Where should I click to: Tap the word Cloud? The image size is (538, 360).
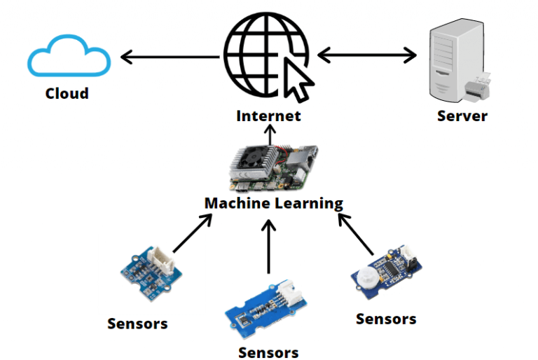(x=67, y=93)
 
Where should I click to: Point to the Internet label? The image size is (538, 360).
(x=268, y=116)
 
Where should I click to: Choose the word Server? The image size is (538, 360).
(x=462, y=116)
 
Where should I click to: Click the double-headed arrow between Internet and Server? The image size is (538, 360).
(x=367, y=54)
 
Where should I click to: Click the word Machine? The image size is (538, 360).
(x=236, y=203)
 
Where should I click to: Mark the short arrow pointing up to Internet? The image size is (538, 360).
(x=269, y=136)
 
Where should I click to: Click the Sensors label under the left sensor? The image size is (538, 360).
(x=137, y=324)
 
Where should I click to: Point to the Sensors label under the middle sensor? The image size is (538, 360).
(x=268, y=352)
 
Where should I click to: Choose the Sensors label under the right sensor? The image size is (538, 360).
(x=386, y=319)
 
